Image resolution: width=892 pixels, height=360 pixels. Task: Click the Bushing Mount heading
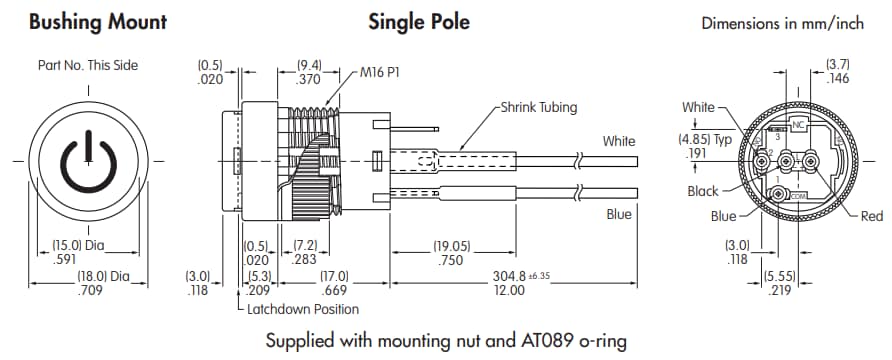pyautogui.click(x=97, y=21)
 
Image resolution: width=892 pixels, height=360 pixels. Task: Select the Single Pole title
pyautogui.click(x=419, y=21)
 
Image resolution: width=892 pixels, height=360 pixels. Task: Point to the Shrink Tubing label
pyautogui.click(x=539, y=108)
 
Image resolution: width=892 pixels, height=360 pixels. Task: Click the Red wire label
pyautogui.click(x=871, y=216)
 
